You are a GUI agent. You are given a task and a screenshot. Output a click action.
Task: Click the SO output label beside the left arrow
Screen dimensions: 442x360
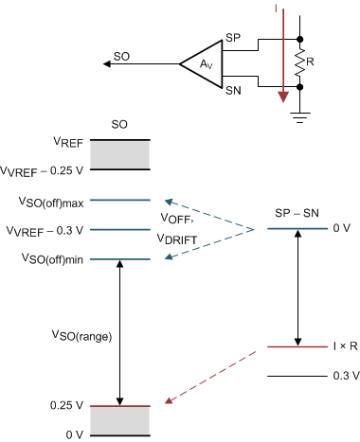[121, 57]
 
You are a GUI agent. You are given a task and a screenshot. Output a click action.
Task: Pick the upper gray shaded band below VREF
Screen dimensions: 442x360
[120, 154]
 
